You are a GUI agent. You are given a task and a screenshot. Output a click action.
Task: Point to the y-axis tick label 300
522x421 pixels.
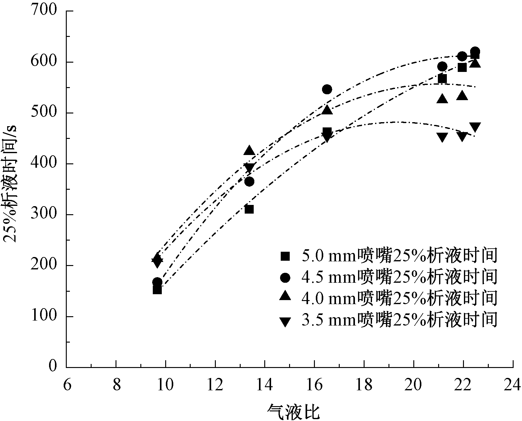point(44,215)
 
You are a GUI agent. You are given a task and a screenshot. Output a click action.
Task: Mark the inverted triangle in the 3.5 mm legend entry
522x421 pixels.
point(285,321)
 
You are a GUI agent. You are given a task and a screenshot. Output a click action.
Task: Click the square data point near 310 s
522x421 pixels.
point(249,210)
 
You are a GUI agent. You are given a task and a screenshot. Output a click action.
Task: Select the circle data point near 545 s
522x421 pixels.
point(327,89)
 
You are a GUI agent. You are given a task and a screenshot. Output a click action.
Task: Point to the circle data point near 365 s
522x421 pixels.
point(249,181)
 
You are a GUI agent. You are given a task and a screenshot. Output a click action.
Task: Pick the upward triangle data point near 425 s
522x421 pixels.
point(249,151)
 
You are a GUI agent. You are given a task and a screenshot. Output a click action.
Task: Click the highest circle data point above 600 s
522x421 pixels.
point(475,51)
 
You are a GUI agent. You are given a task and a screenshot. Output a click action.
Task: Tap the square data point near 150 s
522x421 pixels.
point(157,290)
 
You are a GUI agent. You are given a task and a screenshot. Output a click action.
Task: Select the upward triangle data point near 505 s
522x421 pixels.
point(327,110)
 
